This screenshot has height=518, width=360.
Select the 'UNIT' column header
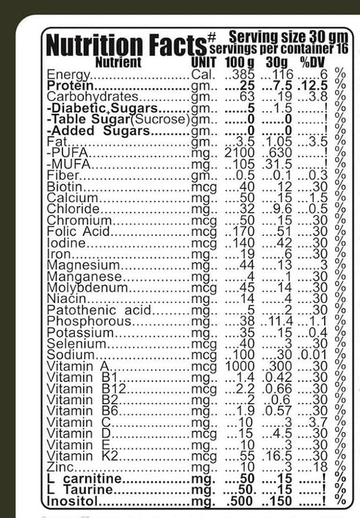click(203, 62)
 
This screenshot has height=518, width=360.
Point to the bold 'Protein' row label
click(68, 86)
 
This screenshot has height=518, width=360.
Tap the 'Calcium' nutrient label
click(72, 198)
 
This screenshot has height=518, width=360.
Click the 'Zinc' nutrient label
click(60, 467)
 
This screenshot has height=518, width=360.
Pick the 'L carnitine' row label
click(82, 478)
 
